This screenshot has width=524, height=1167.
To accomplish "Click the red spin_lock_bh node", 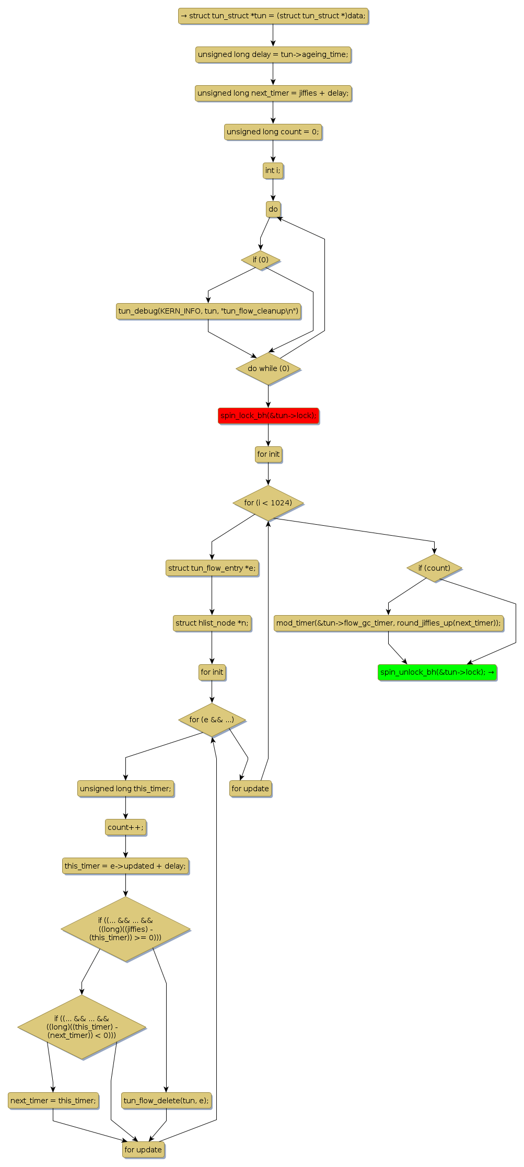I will pyautogui.click(x=268, y=415).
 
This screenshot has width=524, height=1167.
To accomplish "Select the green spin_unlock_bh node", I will pyautogui.click(x=437, y=672).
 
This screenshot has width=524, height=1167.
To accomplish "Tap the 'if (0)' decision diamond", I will pyautogui.click(x=260, y=260).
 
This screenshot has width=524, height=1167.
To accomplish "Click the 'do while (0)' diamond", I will pyautogui.click(x=268, y=368).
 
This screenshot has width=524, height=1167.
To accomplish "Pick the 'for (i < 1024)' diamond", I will pyautogui.click(x=268, y=503).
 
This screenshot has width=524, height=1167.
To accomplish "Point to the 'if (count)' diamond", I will pyautogui.click(x=434, y=568).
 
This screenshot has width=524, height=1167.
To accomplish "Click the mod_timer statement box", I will pyautogui.click(x=388, y=623).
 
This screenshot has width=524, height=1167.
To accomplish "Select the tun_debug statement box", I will pyautogui.click(x=208, y=311).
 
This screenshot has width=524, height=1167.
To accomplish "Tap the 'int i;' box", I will pyautogui.click(x=273, y=170).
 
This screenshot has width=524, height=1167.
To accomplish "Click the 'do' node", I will pyautogui.click(x=273, y=209).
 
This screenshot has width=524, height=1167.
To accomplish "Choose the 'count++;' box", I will pyautogui.click(x=125, y=827).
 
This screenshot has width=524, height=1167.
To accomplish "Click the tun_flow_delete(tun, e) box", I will pyautogui.click(x=166, y=1101).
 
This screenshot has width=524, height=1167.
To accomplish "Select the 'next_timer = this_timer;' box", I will pyautogui.click(x=53, y=1101).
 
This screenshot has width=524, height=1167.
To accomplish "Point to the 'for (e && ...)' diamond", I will pyautogui.click(x=212, y=720).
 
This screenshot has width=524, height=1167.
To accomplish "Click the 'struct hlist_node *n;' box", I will pyautogui.click(x=212, y=623).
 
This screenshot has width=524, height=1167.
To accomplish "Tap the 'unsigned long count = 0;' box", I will pyautogui.click(x=273, y=132).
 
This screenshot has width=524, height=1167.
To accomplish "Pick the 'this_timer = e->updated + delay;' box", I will pyautogui.click(x=125, y=866).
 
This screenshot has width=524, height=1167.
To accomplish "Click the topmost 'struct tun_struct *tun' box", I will pyautogui.click(x=273, y=16).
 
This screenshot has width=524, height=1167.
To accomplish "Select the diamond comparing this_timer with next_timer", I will pyautogui.click(x=81, y=1027).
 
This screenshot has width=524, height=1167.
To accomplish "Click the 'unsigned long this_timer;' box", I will pyautogui.click(x=125, y=789).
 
